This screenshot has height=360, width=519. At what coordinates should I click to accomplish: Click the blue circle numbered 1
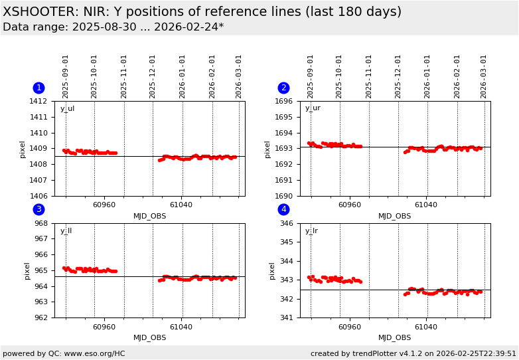38,88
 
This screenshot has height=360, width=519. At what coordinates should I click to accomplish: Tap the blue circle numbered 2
283,88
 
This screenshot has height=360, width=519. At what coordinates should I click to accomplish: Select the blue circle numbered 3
38,209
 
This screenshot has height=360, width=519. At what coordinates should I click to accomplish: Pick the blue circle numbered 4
283,209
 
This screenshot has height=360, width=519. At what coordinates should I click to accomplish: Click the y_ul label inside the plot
67,109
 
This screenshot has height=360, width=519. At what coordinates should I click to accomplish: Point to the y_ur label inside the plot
313,108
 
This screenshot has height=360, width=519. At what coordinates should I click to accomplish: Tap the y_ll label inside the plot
66,231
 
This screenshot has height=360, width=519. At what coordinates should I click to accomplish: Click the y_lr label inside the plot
311,231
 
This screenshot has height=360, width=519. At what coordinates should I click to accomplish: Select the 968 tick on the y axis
40,223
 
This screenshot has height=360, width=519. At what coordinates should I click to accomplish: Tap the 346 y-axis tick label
285,223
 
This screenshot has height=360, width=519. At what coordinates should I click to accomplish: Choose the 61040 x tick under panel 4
426,327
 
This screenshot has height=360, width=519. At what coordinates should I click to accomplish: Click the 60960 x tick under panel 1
104,205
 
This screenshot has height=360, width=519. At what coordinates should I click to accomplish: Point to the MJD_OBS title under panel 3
150,337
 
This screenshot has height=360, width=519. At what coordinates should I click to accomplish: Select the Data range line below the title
113,27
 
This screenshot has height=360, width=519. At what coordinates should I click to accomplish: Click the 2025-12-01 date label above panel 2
398,76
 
